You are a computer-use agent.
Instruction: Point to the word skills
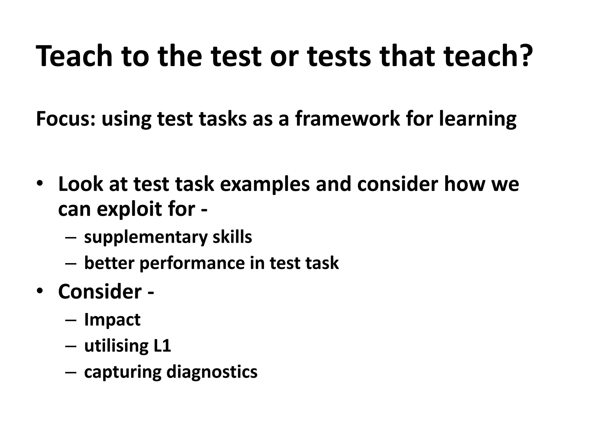pos(232,237)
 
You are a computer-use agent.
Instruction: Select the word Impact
pos(112,320)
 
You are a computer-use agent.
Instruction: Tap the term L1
pos(162,346)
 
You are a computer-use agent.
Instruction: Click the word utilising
pos(116,346)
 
